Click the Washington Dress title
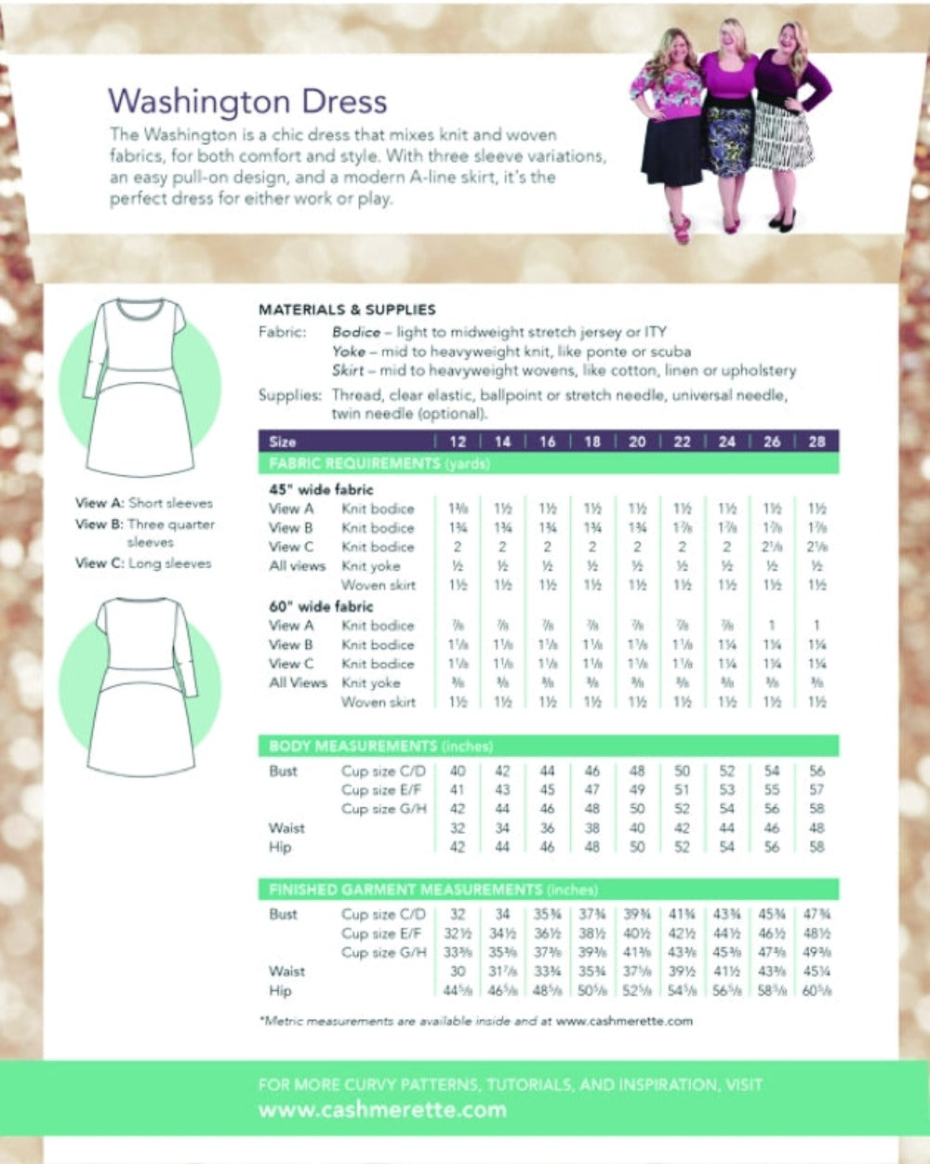tap(247, 100)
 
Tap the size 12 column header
tap(458, 442)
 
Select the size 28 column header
tap(817, 442)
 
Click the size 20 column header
tap(637, 442)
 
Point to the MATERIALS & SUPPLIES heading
tap(347, 310)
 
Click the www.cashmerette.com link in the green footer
tap(382, 1109)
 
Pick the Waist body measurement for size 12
tap(458, 828)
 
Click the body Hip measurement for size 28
tap(817, 848)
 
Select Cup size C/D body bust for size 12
tap(458, 771)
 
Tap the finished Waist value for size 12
tap(458, 972)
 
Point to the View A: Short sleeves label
tap(144, 503)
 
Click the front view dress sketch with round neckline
tap(139, 386)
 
